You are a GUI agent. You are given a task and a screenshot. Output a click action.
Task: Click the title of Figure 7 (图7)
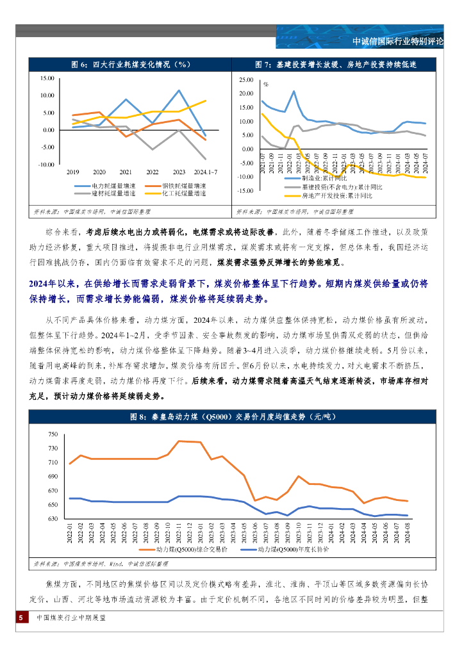click(335, 65)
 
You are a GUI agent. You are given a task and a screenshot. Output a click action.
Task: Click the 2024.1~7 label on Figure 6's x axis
click(205, 172)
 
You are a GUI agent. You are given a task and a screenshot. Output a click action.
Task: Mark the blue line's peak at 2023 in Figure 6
click(179, 90)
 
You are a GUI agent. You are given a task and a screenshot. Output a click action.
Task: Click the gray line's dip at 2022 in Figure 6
click(153, 149)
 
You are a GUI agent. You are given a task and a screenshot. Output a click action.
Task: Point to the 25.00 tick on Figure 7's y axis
click(245, 81)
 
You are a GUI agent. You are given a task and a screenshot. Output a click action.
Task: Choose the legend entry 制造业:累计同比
click(324, 178)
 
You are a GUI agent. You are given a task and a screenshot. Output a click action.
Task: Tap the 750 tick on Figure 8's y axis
click(53, 434)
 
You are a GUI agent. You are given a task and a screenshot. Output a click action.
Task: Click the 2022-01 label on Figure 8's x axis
click(70, 534)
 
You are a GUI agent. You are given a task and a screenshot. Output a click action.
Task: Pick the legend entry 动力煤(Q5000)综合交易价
click(190, 550)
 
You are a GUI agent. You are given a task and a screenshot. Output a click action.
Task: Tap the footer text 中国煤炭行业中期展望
click(71, 618)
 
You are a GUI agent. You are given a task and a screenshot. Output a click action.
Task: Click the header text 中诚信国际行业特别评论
click(398, 42)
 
